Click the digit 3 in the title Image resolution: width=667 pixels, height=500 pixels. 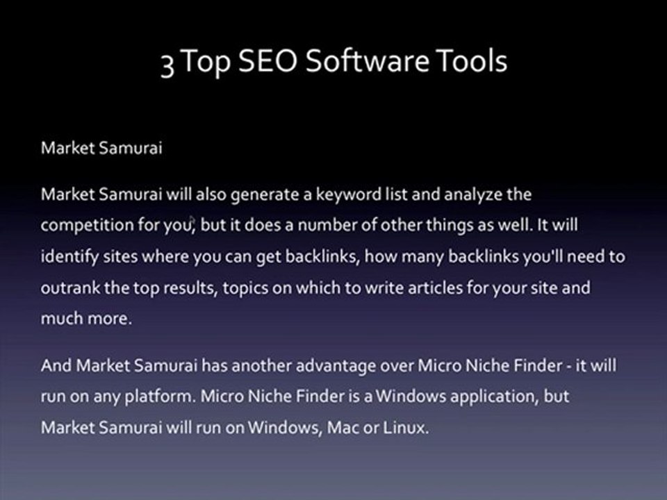pos(167,63)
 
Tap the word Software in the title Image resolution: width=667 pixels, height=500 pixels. pos(367,62)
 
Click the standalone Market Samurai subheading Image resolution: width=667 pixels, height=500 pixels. pos(101,149)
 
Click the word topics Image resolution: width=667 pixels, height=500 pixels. pos(243,287)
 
